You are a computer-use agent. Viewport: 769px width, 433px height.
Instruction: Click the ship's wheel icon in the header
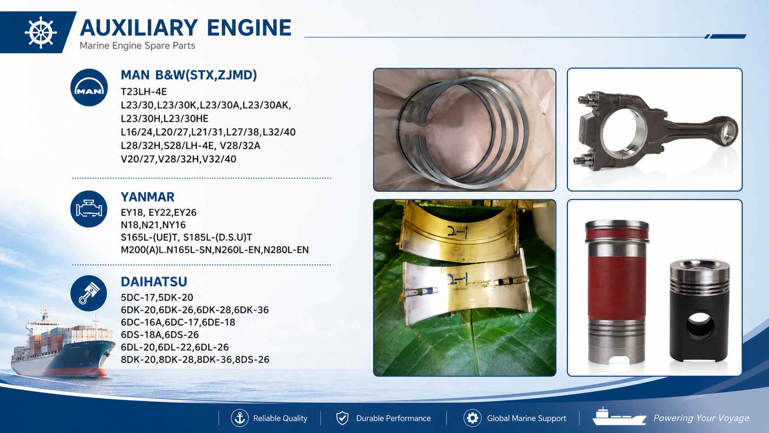coord(41,32)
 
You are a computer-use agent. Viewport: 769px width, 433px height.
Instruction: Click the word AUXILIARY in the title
coord(139,28)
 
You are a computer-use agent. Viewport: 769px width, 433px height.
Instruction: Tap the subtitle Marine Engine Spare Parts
coord(138,46)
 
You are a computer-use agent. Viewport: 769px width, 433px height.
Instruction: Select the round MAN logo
coord(89,87)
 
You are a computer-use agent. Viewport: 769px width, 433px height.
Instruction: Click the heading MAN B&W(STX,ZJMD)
coord(189,75)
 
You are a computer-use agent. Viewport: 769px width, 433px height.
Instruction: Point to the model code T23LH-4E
coord(144,92)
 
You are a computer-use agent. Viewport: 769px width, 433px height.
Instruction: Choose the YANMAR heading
coord(148,197)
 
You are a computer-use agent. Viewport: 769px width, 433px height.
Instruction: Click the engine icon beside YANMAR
coord(89,209)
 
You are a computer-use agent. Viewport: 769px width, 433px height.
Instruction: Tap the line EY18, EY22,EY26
coord(159,213)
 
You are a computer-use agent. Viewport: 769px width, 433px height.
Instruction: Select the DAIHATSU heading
coord(154,282)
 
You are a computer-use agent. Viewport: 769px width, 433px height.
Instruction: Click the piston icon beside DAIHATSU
coord(89,294)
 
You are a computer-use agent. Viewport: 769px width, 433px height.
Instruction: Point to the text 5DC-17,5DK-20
coord(157,297)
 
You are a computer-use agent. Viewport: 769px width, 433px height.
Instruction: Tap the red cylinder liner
coord(617,292)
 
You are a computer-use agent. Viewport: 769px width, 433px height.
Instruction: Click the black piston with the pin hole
coord(700,311)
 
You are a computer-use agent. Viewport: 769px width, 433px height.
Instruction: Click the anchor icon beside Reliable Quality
coord(240,418)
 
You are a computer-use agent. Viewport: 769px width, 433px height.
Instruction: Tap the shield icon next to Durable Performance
coord(342,418)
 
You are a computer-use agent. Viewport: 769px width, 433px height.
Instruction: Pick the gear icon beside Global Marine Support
coord(472,418)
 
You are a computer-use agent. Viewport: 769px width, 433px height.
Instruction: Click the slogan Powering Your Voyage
coord(701,418)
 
